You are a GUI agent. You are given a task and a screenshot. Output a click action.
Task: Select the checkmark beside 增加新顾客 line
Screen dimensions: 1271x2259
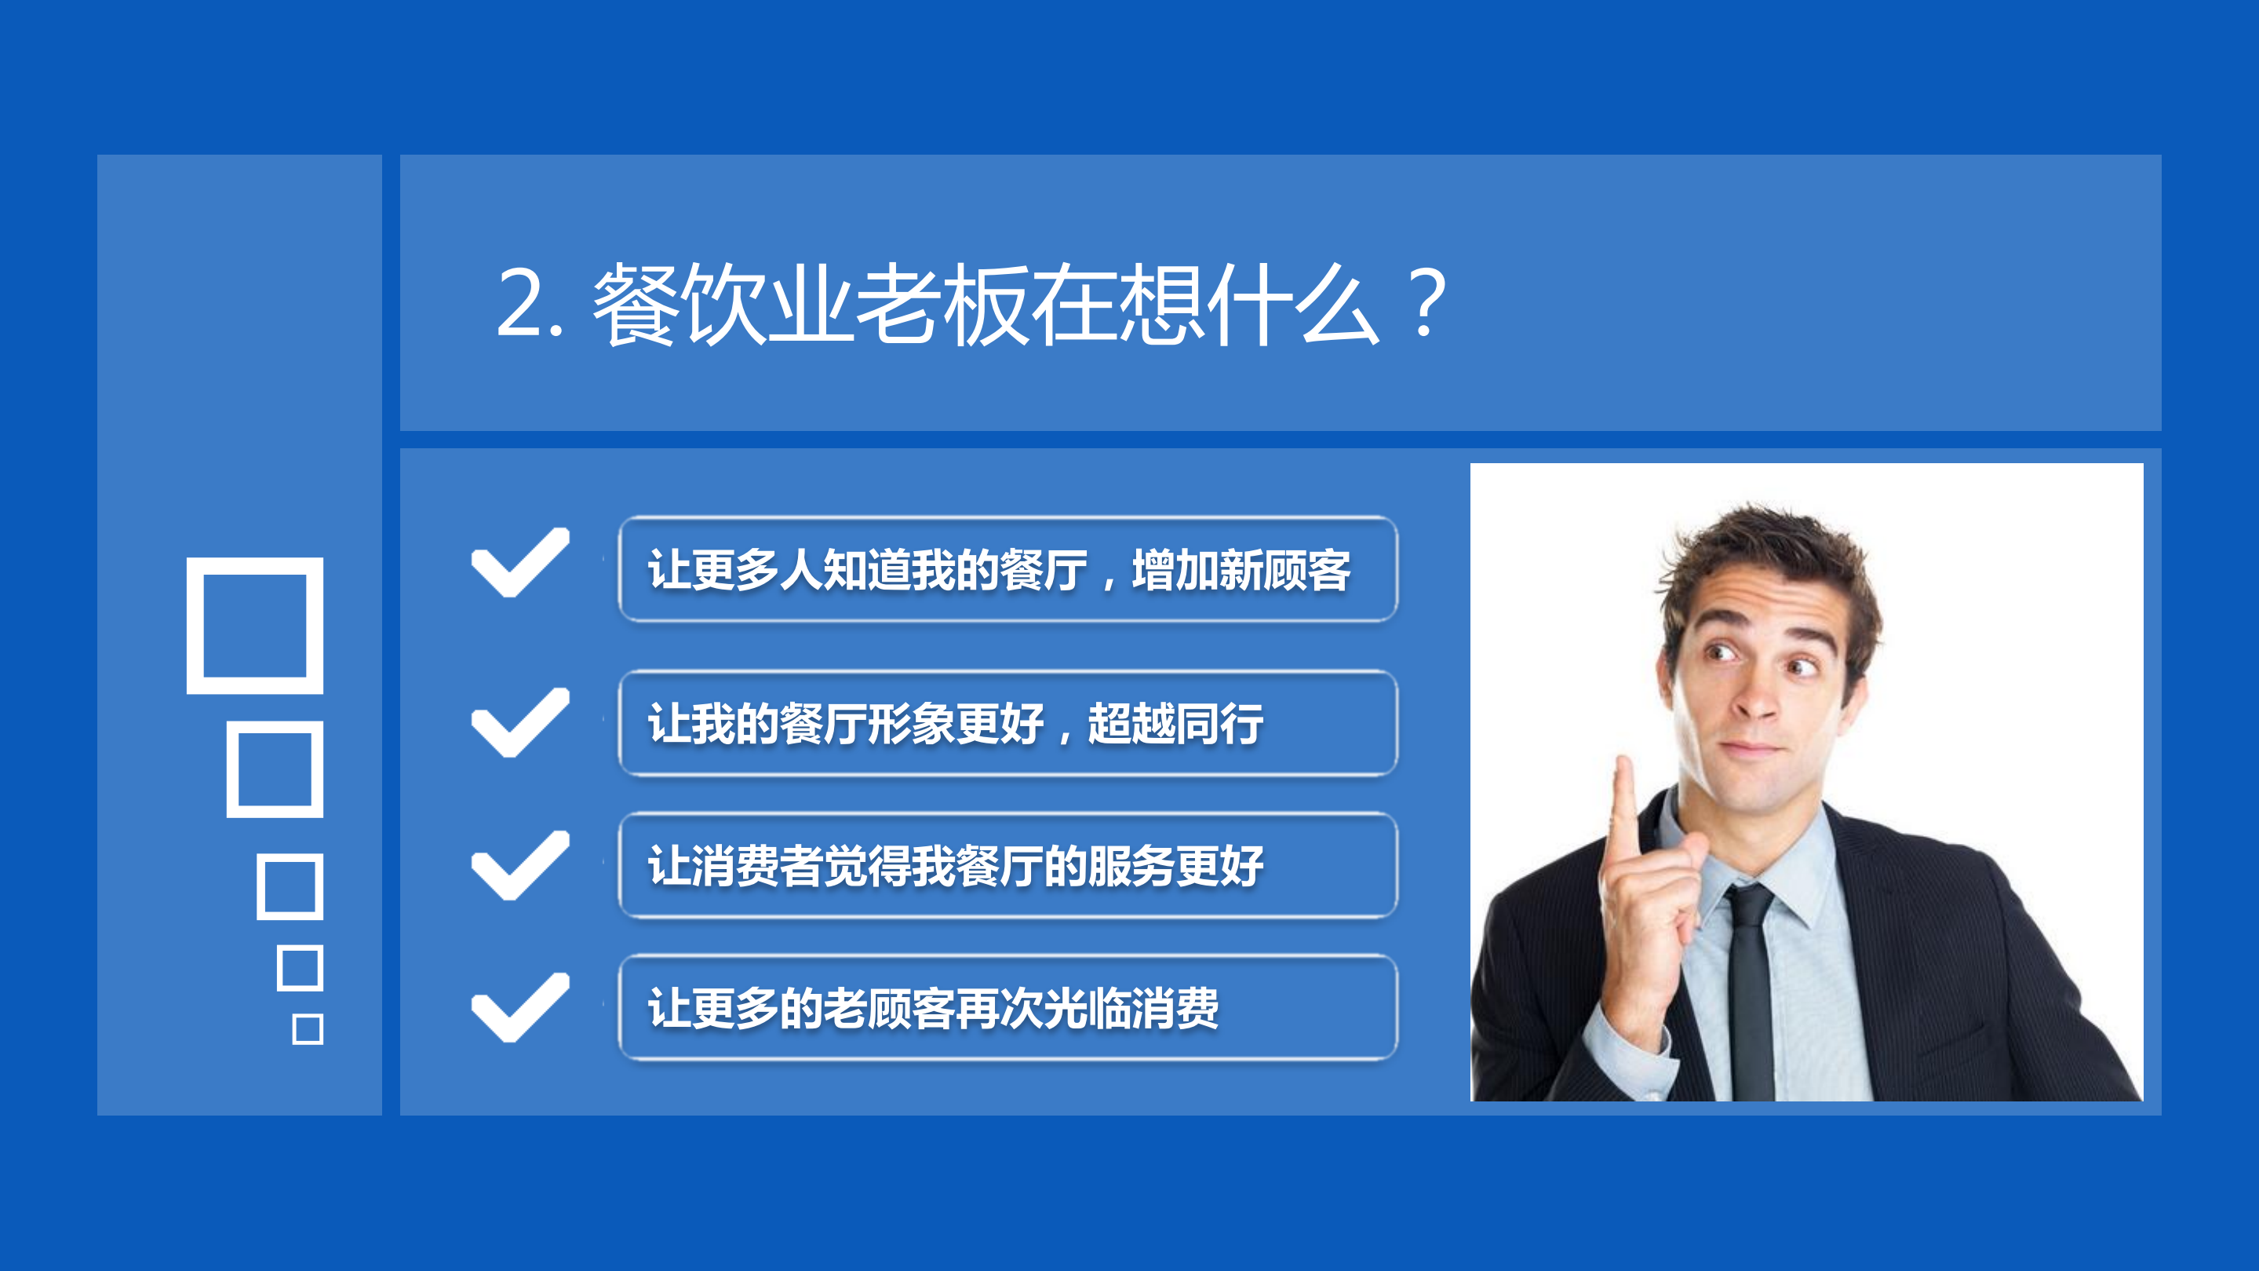pos(520,562)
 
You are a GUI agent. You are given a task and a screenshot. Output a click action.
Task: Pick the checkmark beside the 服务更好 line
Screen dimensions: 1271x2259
pos(520,865)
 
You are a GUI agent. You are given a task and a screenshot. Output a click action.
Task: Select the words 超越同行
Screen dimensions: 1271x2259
pos(1175,725)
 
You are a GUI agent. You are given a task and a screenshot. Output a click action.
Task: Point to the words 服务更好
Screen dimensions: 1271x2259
pos(1175,867)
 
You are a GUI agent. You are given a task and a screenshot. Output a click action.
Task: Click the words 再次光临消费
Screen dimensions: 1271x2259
pos(1088,1009)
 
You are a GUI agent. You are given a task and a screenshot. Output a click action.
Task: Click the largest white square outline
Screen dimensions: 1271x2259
pos(255,626)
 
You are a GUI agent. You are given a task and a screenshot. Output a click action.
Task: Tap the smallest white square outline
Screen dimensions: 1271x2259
pos(307,1029)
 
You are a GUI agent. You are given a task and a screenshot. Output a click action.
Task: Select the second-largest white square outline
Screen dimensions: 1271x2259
pos(275,769)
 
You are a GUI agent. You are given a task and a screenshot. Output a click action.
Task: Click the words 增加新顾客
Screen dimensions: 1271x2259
pos(1241,570)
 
